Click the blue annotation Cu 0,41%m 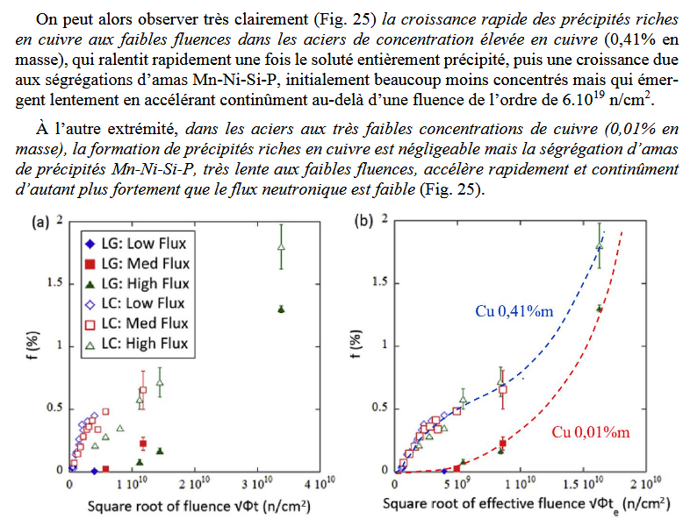pos(507,310)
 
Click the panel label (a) pos(41,223)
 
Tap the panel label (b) pos(367,222)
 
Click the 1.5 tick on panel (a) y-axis pos(54,282)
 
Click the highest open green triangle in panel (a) pos(281,247)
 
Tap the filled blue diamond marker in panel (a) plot pos(94,471)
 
